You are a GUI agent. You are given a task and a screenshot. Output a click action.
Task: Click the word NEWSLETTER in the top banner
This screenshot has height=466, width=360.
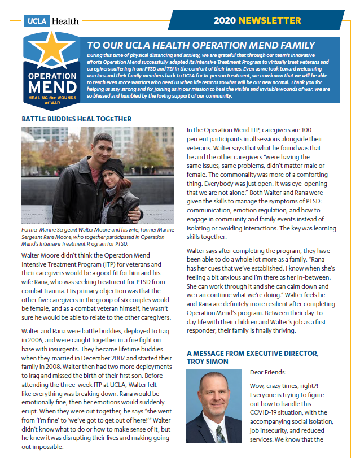click(270, 21)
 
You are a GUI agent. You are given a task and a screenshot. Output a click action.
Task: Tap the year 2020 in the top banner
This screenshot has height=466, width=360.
click(225, 21)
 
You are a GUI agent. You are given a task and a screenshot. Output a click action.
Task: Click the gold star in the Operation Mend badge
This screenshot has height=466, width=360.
click(52, 51)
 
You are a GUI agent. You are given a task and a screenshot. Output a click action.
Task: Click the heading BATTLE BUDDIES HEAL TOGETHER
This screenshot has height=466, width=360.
click(76, 119)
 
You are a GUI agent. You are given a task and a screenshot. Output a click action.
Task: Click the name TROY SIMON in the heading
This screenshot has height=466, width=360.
click(209, 361)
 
